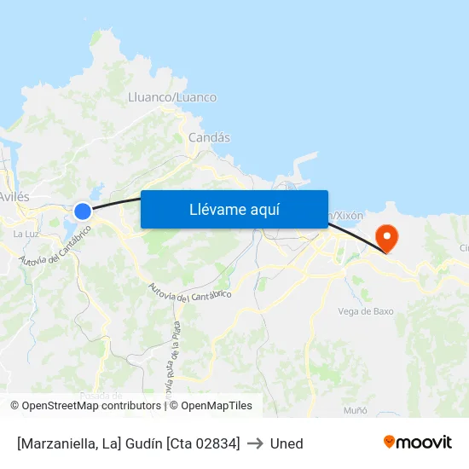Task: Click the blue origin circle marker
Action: click(83, 211)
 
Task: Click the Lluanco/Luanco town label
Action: click(171, 97)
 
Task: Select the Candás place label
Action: click(209, 137)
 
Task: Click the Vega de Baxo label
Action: click(366, 311)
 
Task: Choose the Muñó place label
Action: click(355, 410)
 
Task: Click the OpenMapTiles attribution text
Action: click(217, 406)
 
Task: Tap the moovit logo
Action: click(417, 442)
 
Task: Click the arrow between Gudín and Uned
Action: click(255, 443)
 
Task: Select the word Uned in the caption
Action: click(287, 443)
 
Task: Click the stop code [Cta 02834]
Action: click(203, 443)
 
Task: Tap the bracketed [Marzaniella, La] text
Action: click(68, 443)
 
